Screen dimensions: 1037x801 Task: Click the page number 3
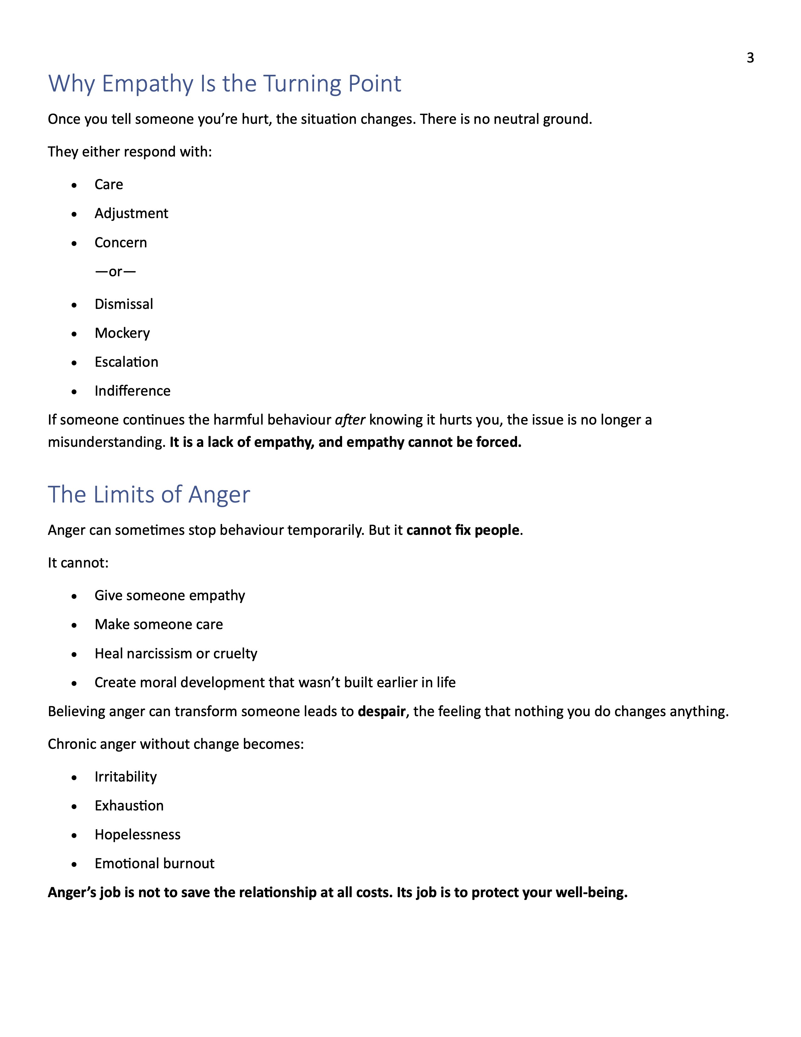(750, 58)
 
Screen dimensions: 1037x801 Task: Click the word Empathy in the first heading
(148, 84)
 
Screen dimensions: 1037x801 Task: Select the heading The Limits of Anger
(149, 494)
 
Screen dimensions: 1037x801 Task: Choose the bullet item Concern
(121, 243)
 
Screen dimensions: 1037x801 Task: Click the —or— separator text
(115, 272)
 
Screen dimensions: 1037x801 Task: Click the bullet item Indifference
(132, 391)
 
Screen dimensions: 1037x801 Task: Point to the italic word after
(350, 420)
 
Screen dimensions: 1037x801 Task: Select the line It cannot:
(78, 563)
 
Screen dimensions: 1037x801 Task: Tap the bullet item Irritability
(125, 777)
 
